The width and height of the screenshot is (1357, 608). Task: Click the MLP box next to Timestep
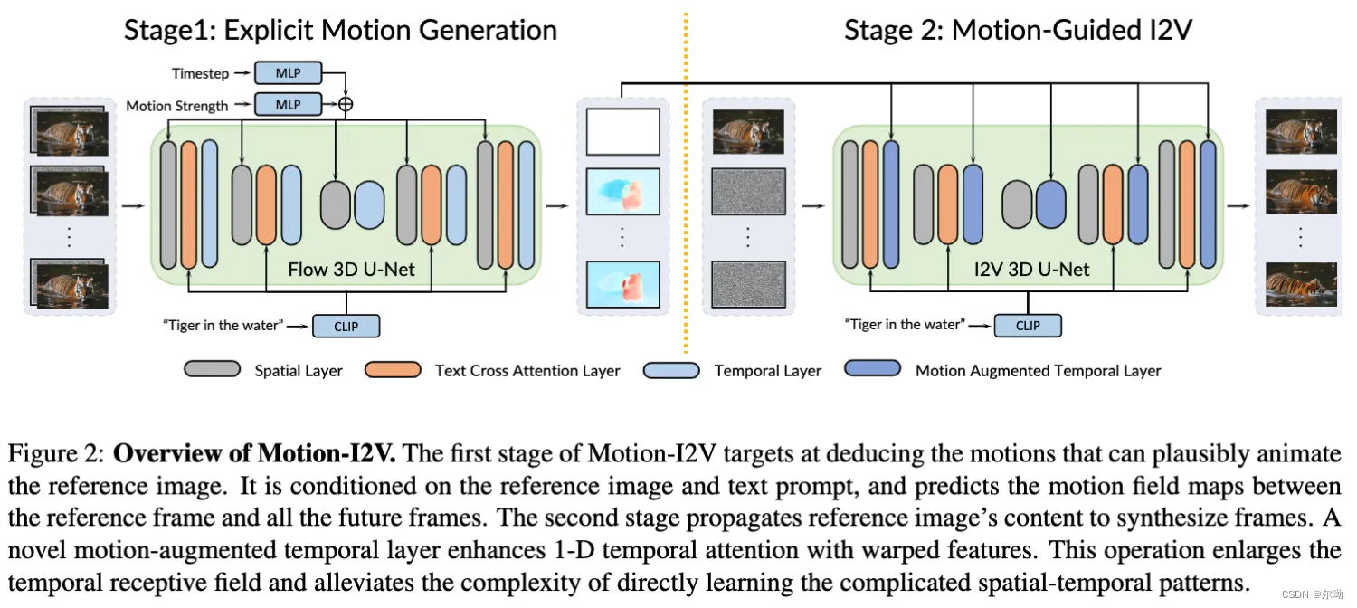point(288,73)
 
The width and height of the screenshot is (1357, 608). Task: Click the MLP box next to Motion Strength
point(288,105)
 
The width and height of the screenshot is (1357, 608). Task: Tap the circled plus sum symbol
point(345,104)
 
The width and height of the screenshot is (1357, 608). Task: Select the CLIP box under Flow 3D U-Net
point(346,326)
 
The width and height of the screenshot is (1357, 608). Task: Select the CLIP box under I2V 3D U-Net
point(1028,326)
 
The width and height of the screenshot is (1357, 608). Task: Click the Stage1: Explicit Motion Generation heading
point(340,30)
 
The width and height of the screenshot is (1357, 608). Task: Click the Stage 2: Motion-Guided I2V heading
point(1018,30)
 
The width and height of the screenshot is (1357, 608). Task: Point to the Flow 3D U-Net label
point(351,269)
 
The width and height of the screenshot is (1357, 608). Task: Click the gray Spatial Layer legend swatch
point(212,369)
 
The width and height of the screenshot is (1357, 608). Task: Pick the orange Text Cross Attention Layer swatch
point(393,369)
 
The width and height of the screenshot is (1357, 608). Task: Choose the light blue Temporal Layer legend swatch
point(671,369)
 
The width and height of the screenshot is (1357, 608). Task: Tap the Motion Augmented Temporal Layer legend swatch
point(872,369)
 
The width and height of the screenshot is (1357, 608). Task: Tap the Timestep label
point(199,73)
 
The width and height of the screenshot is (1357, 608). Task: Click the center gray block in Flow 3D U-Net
point(335,204)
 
